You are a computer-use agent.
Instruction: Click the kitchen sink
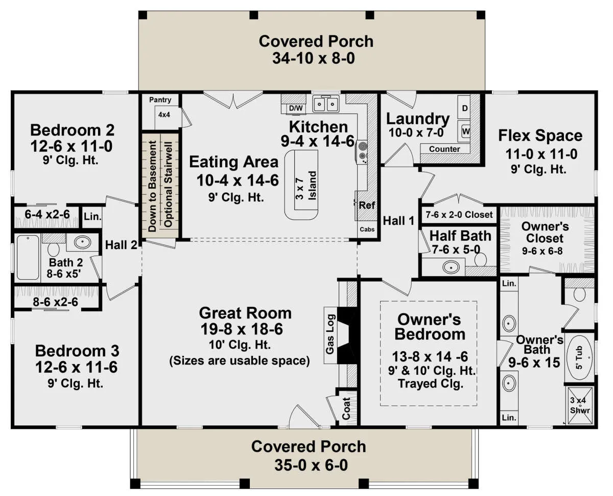coord(325,104)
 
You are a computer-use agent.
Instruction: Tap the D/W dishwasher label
coord(296,108)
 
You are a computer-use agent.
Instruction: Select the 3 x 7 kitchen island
coord(301,185)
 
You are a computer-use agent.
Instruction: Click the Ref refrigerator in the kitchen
coord(367,206)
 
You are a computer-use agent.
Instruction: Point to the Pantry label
coord(160,100)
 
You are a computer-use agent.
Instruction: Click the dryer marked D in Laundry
coord(464,108)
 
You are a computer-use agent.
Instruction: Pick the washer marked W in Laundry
coord(464,131)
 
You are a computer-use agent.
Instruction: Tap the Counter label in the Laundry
coord(444,149)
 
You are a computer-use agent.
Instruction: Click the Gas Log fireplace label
coord(330,334)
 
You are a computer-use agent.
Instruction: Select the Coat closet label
coord(346,408)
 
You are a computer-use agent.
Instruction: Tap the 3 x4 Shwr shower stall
coord(580,405)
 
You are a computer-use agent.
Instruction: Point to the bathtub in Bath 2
coord(28,257)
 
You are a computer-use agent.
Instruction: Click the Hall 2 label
coord(121,245)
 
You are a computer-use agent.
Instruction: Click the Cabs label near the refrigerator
coord(367,229)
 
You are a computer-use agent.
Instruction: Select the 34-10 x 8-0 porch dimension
coord(314,58)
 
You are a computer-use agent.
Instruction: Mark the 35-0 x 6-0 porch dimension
coord(311,465)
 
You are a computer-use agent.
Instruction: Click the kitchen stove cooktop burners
coord(362,152)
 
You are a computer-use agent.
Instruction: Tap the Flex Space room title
coord(540,136)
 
